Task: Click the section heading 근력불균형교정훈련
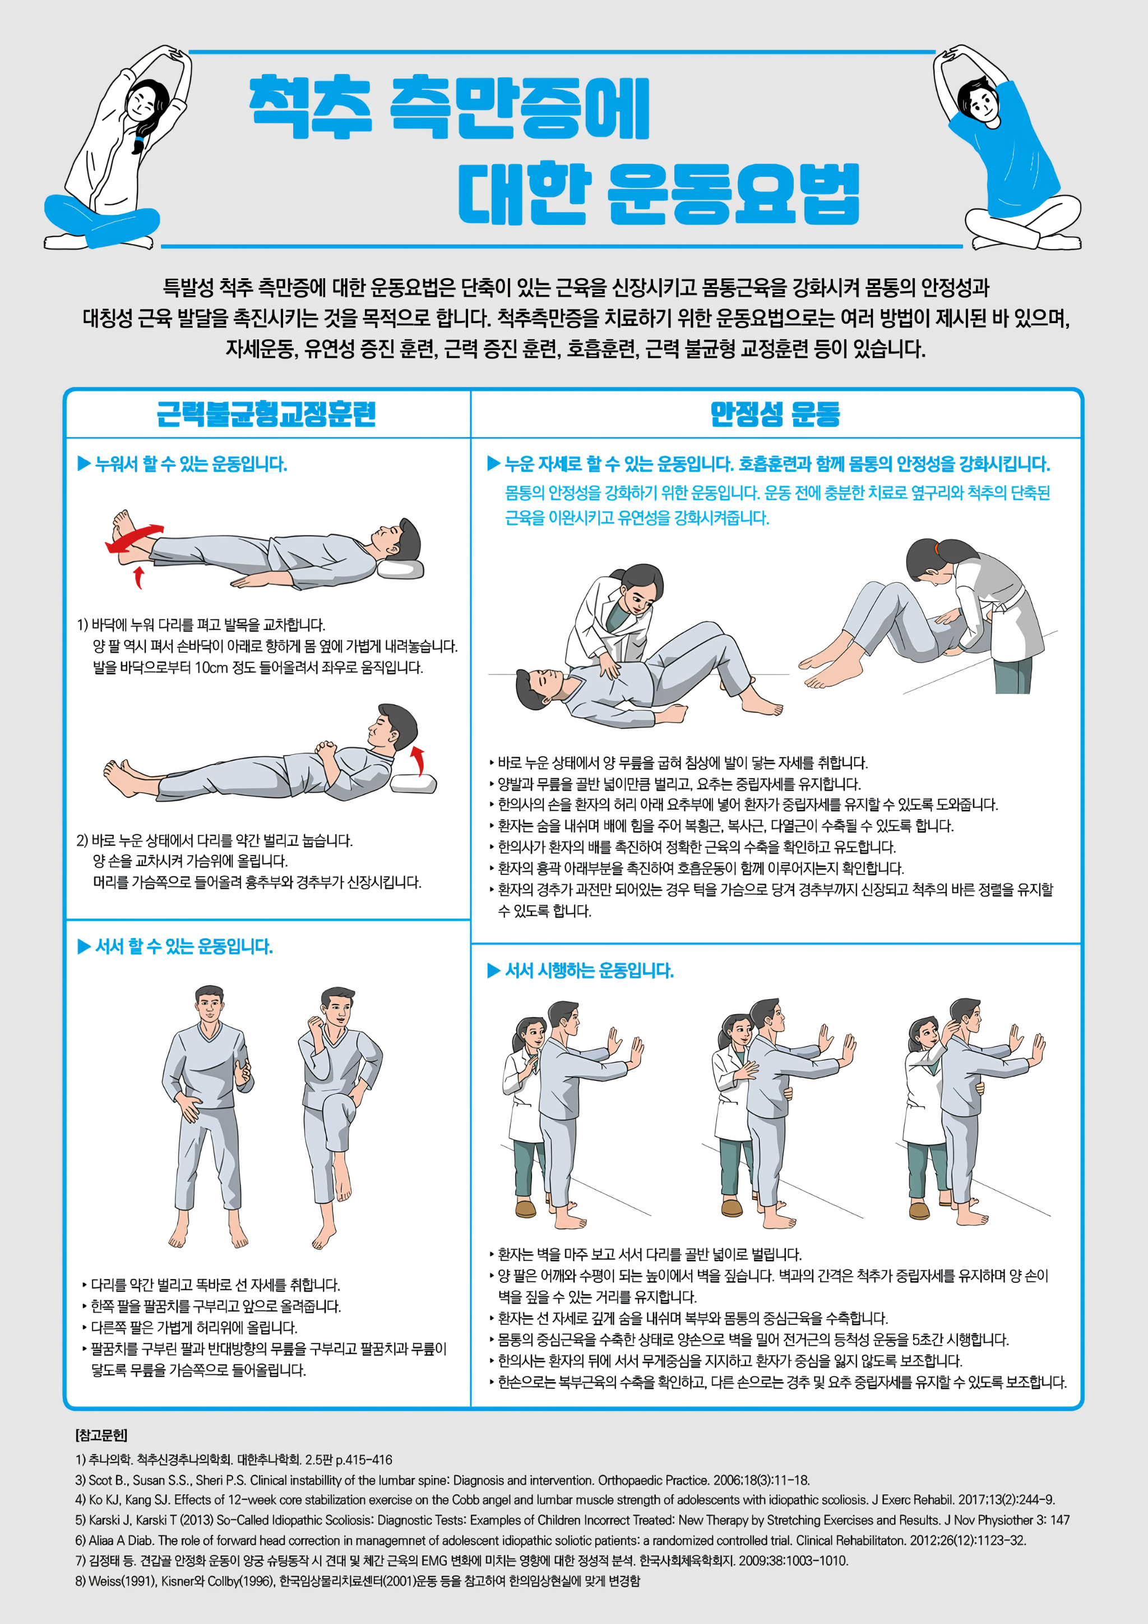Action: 266,414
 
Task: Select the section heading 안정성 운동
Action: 775,414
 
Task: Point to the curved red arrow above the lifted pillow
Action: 419,760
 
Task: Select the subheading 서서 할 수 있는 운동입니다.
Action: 184,946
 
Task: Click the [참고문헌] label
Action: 101,1435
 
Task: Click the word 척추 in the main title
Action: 311,108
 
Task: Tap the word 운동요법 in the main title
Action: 733,192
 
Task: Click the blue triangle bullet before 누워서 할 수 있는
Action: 84,464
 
